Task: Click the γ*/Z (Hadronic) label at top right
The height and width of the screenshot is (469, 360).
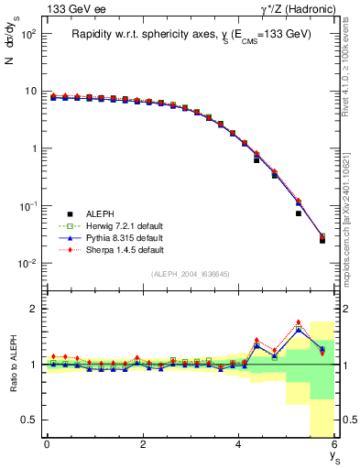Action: point(295,9)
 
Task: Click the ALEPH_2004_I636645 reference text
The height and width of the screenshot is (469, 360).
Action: point(191,273)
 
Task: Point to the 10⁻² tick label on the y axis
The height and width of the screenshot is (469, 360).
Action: point(27,264)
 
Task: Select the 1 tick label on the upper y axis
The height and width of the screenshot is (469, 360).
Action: point(32,148)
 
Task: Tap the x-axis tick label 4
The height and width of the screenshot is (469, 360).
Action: point(238,444)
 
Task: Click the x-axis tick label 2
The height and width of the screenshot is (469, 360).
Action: point(143,444)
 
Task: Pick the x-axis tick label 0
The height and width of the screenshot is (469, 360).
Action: point(47,444)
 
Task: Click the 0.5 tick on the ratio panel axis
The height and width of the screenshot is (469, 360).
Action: point(28,420)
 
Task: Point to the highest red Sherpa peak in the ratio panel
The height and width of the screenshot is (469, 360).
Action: point(299,322)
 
